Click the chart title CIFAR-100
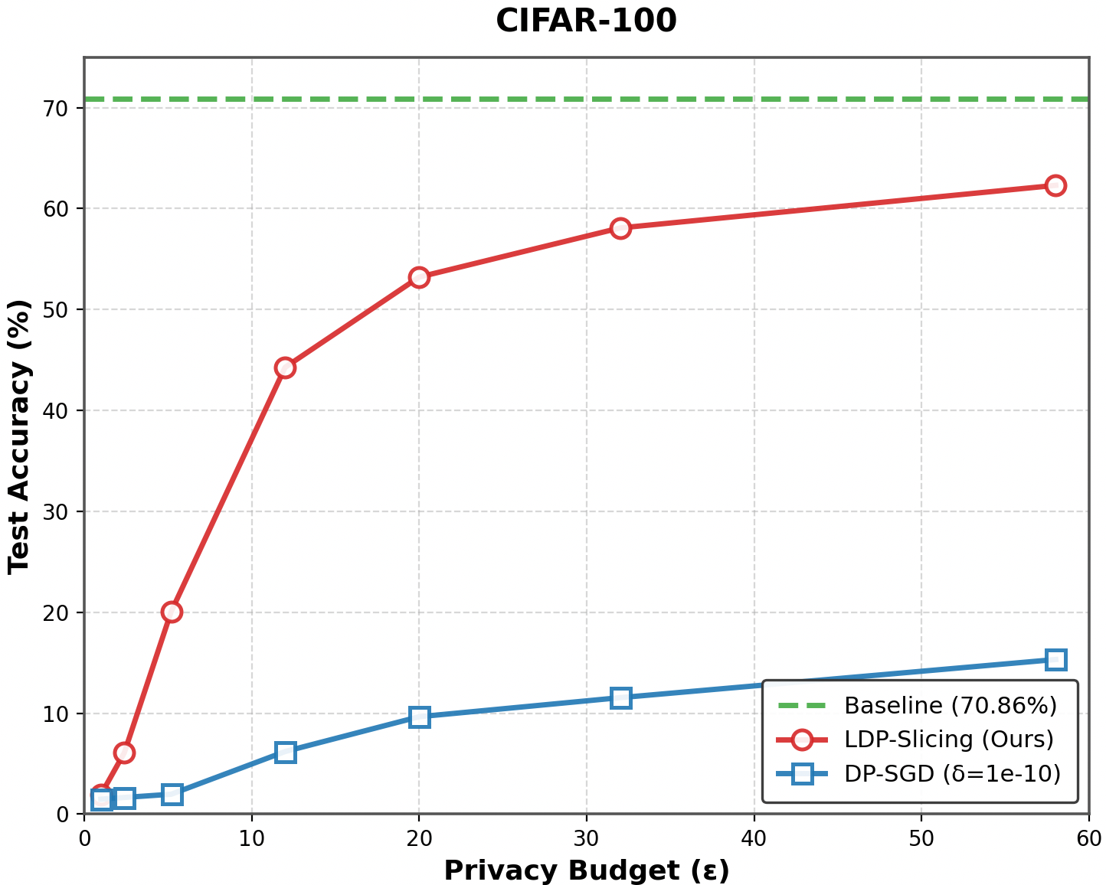pyautogui.click(x=586, y=21)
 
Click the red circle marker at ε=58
pyautogui.click(x=1055, y=185)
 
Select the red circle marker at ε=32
pyautogui.click(x=620, y=228)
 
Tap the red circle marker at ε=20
pyautogui.click(x=419, y=277)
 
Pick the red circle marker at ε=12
pyautogui.click(x=285, y=367)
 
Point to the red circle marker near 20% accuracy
pyautogui.click(x=172, y=612)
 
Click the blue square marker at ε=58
pyautogui.click(x=1055, y=659)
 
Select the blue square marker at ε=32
pyautogui.click(x=620, y=697)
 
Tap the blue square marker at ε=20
pyautogui.click(x=419, y=717)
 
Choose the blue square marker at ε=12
pyautogui.click(x=285, y=752)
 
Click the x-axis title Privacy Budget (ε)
pyautogui.click(x=586, y=870)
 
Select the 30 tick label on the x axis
pyautogui.click(x=586, y=838)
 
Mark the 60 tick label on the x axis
pyautogui.click(x=1088, y=838)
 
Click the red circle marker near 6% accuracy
pyautogui.click(x=124, y=753)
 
